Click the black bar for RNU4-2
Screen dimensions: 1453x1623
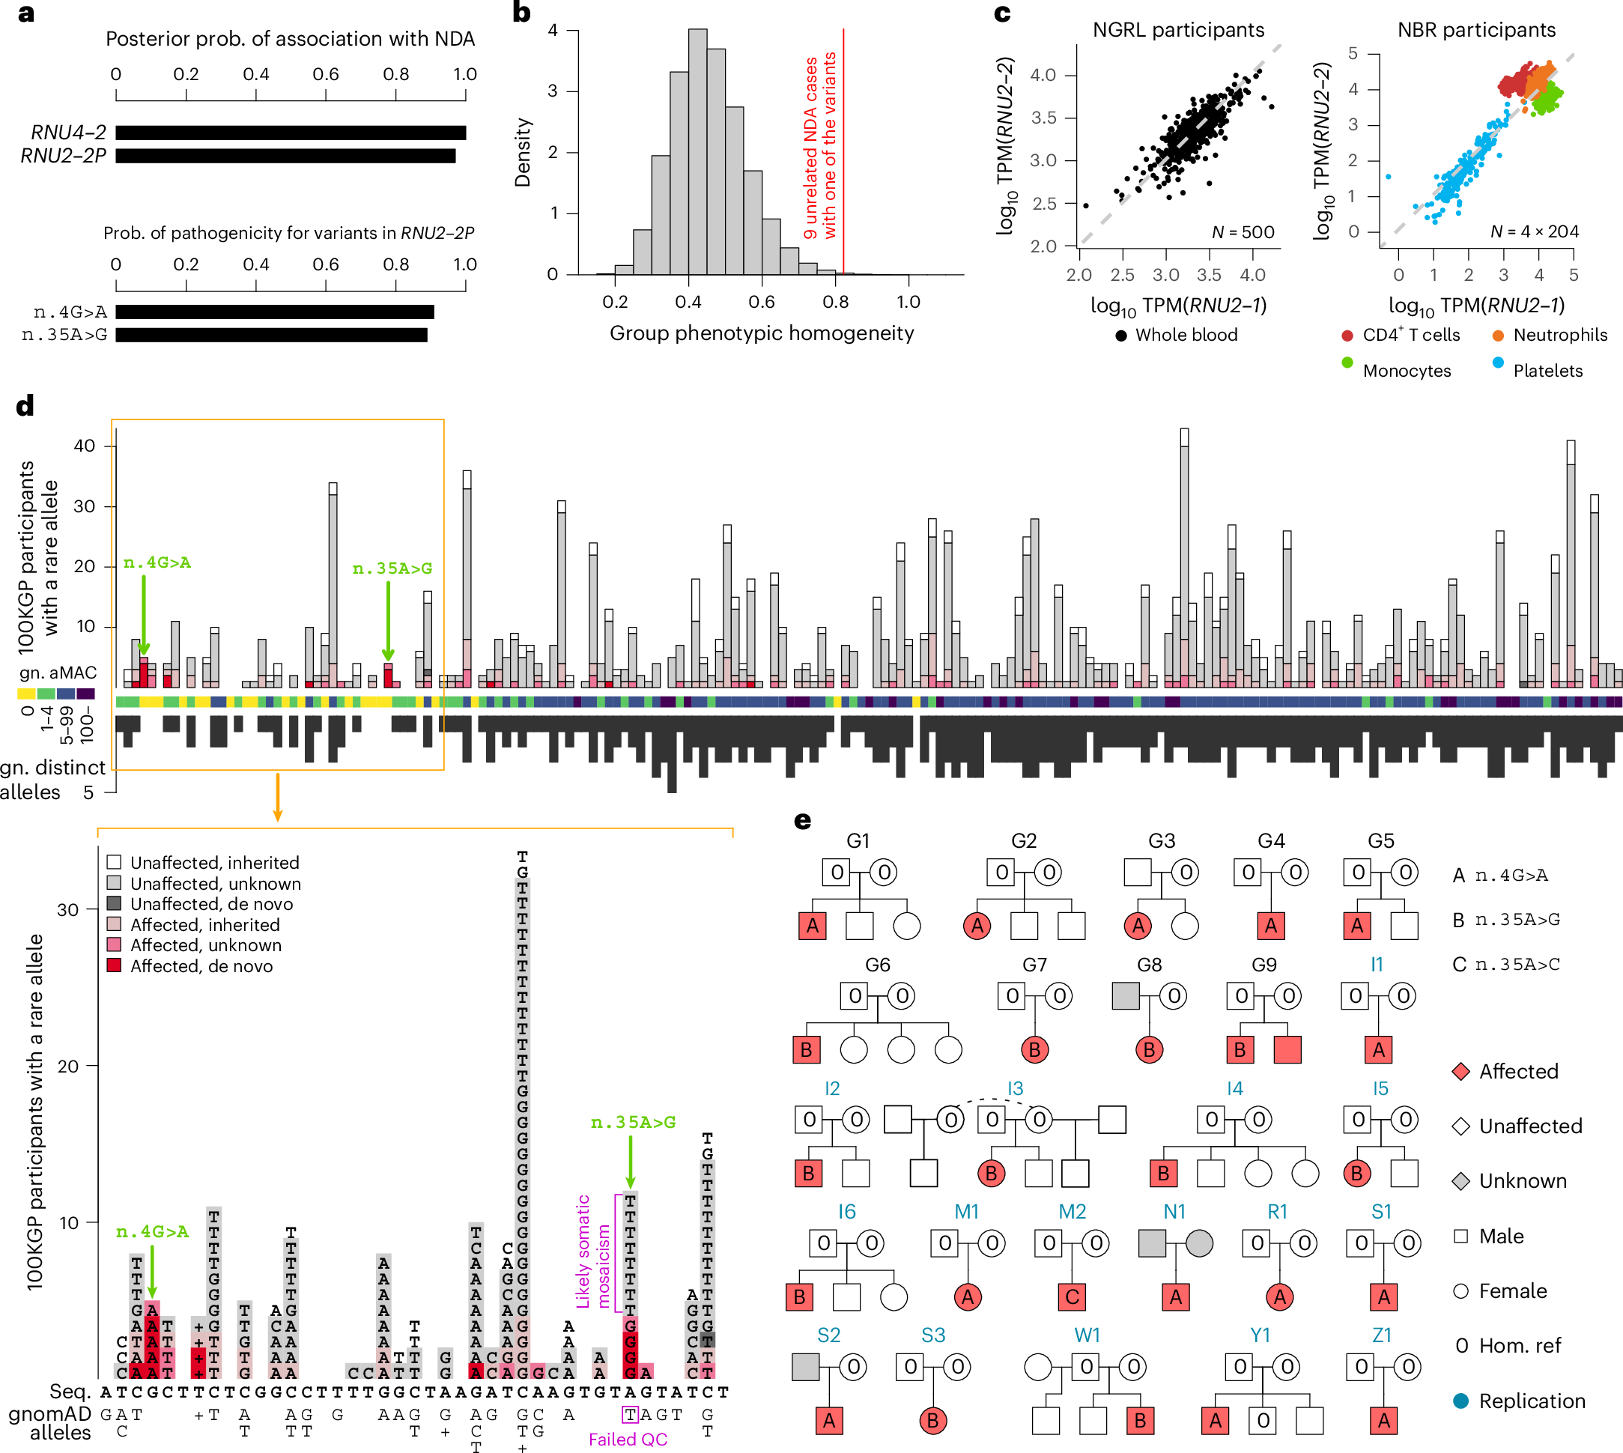[290, 133]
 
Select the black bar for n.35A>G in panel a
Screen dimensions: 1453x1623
[271, 336]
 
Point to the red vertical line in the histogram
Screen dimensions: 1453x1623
[843, 152]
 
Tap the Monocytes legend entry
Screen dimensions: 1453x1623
[1406, 371]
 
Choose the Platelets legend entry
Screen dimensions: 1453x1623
[1547, 371]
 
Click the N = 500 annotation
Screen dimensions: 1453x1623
[1243, 232]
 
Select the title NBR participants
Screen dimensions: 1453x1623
[1475, 31]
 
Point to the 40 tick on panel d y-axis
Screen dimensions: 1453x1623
[85, 446]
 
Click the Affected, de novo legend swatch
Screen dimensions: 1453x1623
[114, 965]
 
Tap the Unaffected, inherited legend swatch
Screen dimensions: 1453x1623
[114, 862]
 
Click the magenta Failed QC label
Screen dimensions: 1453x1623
[628, 1439]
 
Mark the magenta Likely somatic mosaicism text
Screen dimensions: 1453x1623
[592, 1251]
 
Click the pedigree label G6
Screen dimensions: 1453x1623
[876, 965]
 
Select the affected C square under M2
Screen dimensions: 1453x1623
[1073, 1297]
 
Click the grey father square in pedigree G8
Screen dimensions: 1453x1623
[1125, 995]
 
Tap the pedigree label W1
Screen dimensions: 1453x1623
[1087, 1335]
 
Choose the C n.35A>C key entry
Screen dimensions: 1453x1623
[1505, 965]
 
